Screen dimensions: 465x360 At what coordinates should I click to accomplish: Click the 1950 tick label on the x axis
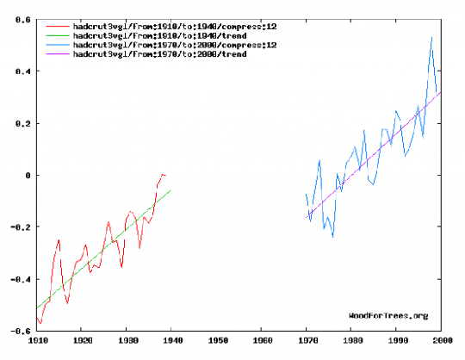click(x=218, y=341)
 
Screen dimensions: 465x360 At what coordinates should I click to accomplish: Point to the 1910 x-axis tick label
click(x=38, y=341)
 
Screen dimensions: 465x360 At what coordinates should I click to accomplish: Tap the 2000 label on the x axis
click(x=443, y=341)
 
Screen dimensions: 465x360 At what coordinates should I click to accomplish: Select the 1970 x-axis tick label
click(x=307, y=341)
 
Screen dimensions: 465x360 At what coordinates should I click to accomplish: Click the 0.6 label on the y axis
click(x=23, y=20)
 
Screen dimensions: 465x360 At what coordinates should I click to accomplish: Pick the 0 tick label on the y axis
click(x=28, y=176)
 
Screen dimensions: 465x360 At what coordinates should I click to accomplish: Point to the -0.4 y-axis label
click(x=21, y=279)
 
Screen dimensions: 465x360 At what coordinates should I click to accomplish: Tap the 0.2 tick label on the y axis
click(x=23, y=124)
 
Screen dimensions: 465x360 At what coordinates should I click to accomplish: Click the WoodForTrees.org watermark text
click(x=388, y=316)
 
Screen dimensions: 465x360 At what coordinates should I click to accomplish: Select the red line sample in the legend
click(x=58, y=27)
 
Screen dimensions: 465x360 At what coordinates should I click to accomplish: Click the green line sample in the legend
click(x=58, y=36)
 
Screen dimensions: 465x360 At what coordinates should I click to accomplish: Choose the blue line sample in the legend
click(x=58, y=45)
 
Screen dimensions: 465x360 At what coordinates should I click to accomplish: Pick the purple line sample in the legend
click(x=58, y=54)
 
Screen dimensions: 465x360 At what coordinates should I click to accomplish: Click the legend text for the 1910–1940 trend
click(x=160, y=36)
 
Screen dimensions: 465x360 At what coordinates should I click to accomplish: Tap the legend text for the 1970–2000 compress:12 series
click(x=175, y=45)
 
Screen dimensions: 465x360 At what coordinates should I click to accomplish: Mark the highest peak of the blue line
click(x=431, y=37)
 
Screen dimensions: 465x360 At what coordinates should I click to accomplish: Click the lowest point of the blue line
click(x=333, y=237)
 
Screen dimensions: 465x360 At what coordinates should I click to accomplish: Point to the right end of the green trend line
click(x=171, y=189)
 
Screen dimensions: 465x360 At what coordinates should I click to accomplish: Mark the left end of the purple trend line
click(x=306, y=218)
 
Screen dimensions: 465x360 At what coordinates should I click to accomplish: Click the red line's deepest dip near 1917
click(x=68, y=303)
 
